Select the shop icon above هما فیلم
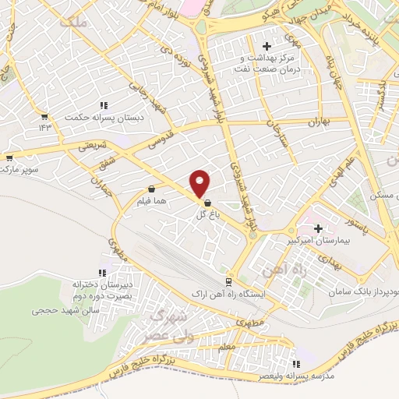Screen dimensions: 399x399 point(151,189)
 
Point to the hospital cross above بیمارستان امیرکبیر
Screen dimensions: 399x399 point(318,228)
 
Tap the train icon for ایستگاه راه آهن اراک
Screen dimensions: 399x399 point(228,282)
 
